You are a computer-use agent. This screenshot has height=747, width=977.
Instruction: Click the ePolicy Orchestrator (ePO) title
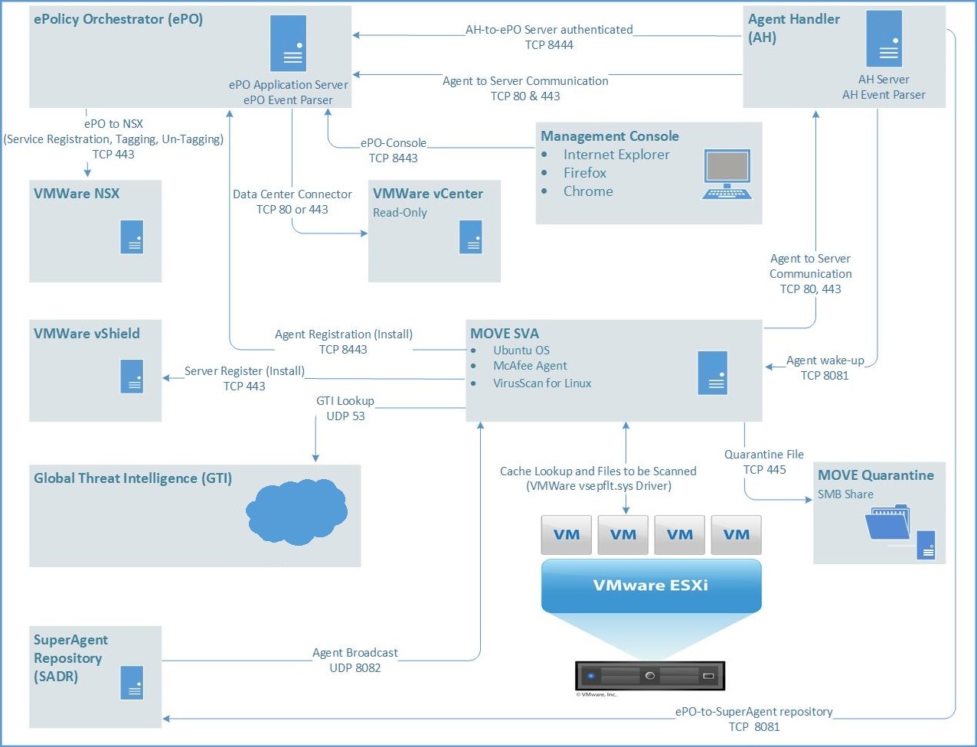coord(118,20)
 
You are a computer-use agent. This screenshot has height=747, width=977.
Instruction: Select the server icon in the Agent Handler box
coord(884,39)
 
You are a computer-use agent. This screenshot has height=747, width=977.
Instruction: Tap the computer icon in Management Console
coord(727,175)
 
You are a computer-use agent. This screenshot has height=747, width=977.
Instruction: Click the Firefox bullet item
coord(584,173)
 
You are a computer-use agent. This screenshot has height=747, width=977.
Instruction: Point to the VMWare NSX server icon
coord(132,236)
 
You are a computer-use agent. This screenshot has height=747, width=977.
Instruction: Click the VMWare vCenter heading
coord(427,194)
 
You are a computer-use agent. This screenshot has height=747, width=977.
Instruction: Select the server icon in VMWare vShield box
coord(132,376)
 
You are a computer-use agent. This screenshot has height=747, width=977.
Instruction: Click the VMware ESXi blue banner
coord(651,586)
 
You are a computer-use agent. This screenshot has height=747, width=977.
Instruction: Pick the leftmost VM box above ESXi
coord(567,534)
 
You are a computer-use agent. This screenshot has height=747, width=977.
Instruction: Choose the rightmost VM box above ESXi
coord(736,534)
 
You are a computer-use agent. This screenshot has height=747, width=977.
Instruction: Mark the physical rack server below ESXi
coord(649,676)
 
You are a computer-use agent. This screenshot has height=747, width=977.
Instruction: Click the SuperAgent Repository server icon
coord(132,683)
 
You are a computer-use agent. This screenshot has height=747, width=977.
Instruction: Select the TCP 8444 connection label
coord(549,45)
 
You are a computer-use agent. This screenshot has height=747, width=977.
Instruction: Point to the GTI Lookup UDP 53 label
coord(345,409)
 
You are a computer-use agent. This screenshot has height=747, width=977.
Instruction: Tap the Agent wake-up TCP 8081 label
coord(825,368)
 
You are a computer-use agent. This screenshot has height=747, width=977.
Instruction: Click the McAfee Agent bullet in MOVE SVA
coord(530,366)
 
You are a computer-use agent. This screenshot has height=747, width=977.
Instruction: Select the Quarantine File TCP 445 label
coord(764,462)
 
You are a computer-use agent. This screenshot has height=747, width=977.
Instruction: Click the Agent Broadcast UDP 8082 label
coord(355,661)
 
